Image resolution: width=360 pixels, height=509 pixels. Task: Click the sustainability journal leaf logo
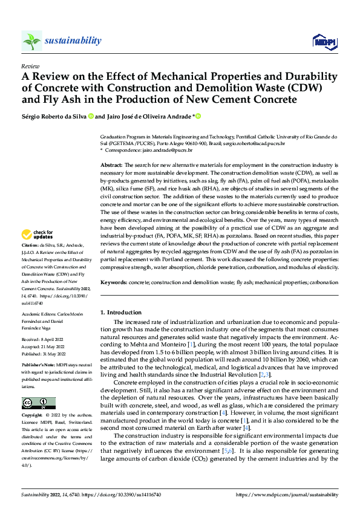point(31,41)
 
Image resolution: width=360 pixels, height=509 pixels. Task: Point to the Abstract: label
point(111,164)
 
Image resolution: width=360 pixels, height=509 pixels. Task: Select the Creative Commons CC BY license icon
point(38,403)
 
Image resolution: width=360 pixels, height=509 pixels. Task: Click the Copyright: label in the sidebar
point(33,417)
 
